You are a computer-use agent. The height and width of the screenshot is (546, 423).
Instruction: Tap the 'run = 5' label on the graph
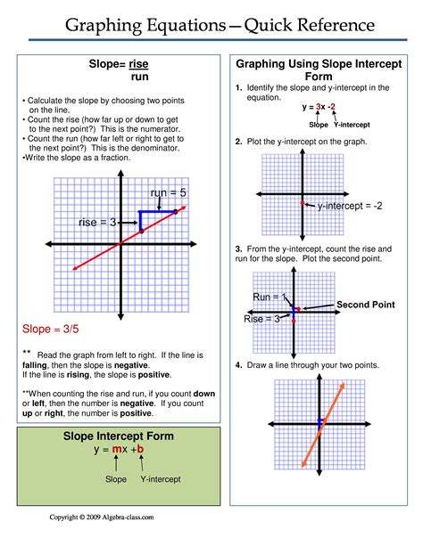coord(168,192)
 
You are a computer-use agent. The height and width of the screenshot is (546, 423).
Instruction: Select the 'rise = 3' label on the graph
coord(98,222)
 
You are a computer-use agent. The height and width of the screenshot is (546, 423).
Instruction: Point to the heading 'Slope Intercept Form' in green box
coord(118,436)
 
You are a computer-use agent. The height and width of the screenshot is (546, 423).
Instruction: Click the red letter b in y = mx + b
coord(140,451)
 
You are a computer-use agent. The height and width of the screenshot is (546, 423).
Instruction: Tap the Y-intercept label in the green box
coord(156,479)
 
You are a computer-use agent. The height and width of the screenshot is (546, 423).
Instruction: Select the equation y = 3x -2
coord(319,108)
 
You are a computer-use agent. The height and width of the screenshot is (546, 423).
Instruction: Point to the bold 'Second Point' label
coord(364,305)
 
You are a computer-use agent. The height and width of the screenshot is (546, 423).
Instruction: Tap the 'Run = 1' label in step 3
coord(270,297)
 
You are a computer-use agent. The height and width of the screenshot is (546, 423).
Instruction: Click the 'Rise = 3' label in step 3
coord(263,318)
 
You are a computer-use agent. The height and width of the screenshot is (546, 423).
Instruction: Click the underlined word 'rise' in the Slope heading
coord(138,64)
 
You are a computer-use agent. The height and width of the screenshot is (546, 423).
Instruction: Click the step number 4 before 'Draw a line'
coord(238,365)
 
